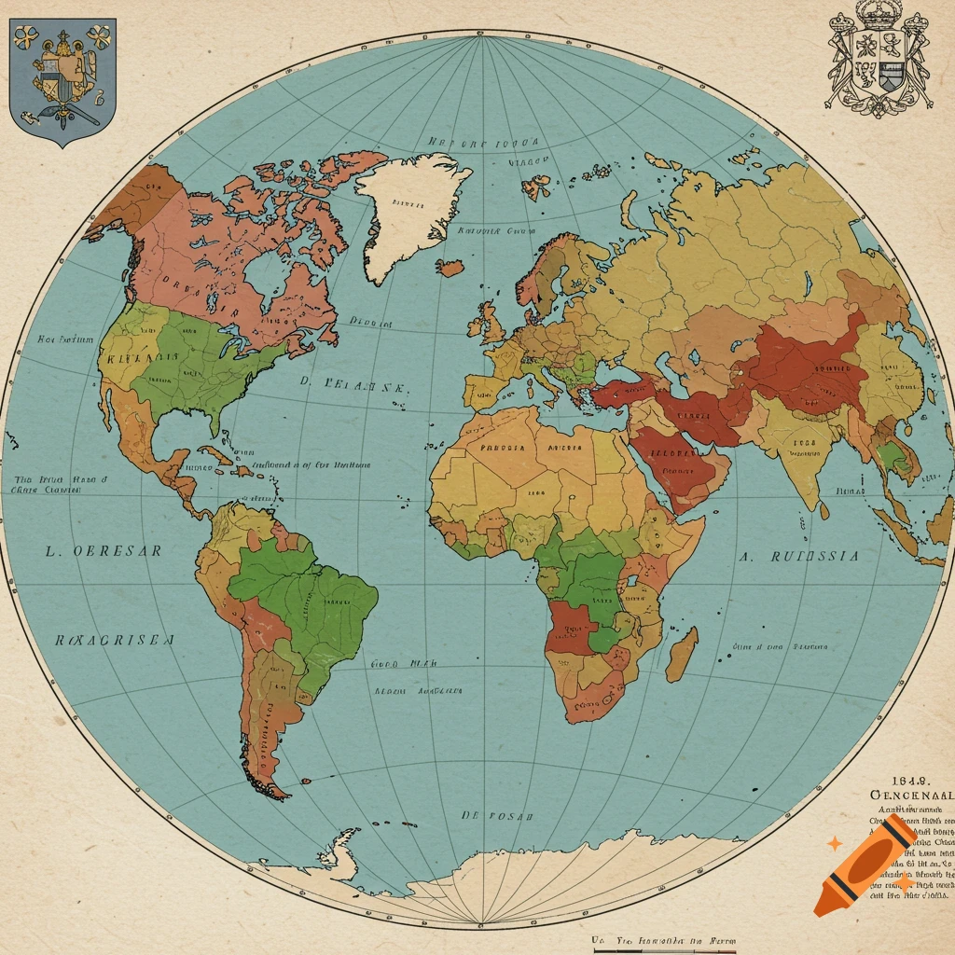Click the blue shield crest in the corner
click(62, 79)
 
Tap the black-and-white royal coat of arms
click(879, 62)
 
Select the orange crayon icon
click(864, 865)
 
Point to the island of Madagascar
click(683, 653)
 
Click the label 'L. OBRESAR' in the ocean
click(104, 550)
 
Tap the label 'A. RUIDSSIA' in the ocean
click(799, 556)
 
